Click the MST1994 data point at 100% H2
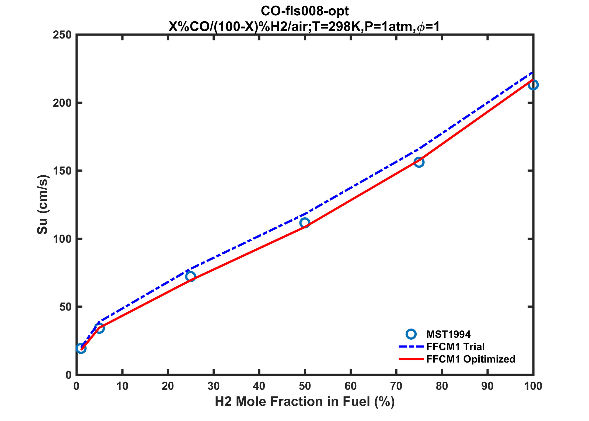pos(533,85)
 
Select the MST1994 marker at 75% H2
pos(419,162)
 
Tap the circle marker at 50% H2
pos(305,223)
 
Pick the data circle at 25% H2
pos(190,276)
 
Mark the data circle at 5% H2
pos(99,328)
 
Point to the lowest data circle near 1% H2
pos(81,349)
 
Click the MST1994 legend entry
pos(448,334)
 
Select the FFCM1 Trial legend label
pos(455,347)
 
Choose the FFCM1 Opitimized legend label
pos(470,359)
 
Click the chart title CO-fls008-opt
pos(305,11)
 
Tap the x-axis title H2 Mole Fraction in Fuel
pos(305,402)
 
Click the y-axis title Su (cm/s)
pos(42,205)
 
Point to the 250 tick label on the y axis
pos(62,35)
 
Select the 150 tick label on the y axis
pos(62,171)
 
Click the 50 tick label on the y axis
pos(65,307)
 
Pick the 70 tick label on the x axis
pos(396,386)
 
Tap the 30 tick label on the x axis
pos(213,386)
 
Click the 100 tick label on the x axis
pos(533,386)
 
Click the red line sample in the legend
pos(411,359)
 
